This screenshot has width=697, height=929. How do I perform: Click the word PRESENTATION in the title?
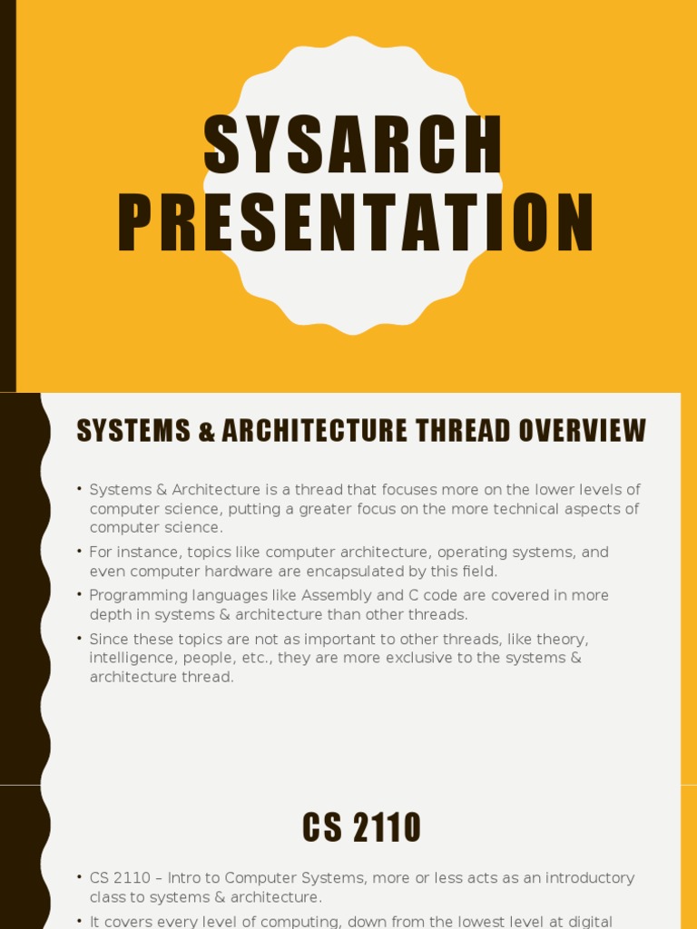coord(356,224)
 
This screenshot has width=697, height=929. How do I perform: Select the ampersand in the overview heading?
coord(206,432)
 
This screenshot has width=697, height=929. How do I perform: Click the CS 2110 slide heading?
coord(361,827)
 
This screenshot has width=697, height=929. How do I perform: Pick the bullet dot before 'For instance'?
coord(80,552)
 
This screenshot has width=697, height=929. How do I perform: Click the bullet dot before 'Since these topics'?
coord(80,639)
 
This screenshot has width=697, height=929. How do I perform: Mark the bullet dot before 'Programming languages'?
coord(80,595)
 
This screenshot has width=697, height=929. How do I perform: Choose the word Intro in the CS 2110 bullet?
coord(184,877)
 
